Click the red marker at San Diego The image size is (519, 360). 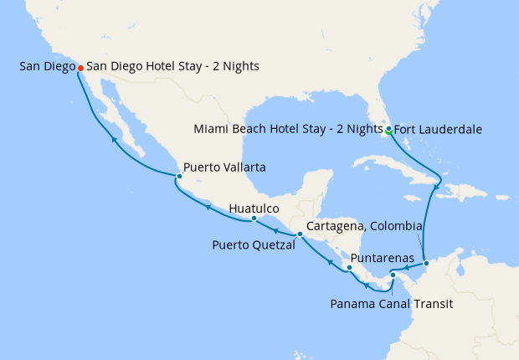point(80,68)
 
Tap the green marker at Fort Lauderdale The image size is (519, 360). point(389,129)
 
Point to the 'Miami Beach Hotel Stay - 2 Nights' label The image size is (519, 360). point(287,129)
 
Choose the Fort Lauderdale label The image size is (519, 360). point(434,129)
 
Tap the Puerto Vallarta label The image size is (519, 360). point(224,167)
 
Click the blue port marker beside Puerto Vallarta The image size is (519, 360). point(179,176)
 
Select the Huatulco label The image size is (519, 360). point(254,208)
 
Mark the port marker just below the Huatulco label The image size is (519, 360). point(254,219)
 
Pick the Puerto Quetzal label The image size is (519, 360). point(252,245)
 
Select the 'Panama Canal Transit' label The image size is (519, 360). point(392,304)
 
